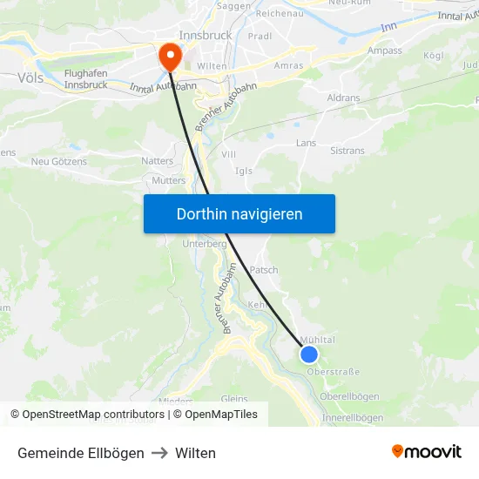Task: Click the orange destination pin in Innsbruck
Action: pos(168,56)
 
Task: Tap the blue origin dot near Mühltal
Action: pos(308,354)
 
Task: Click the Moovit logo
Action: pos(426,452)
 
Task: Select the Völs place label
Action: pos(30,78)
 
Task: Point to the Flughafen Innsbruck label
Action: pos(85,78)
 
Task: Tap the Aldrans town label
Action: pos(343,98)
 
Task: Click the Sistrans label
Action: pos(347,151)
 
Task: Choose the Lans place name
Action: pos(306,143)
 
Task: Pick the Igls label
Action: pos(244,171)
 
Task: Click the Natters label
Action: pos(157,161)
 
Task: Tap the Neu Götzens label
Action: pos(59,161)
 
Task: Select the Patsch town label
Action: pos(264,270)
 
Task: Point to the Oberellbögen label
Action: pos(349,396)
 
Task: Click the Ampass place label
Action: pos(384,51)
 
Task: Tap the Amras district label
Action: pos(288,65)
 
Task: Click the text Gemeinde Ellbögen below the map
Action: pos(81,453)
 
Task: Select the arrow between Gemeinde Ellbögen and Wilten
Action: pos(159,453)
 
